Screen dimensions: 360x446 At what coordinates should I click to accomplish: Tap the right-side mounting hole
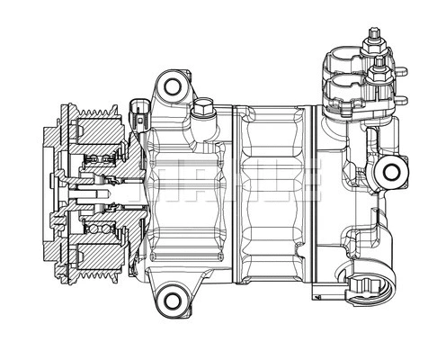pos(391,172)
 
